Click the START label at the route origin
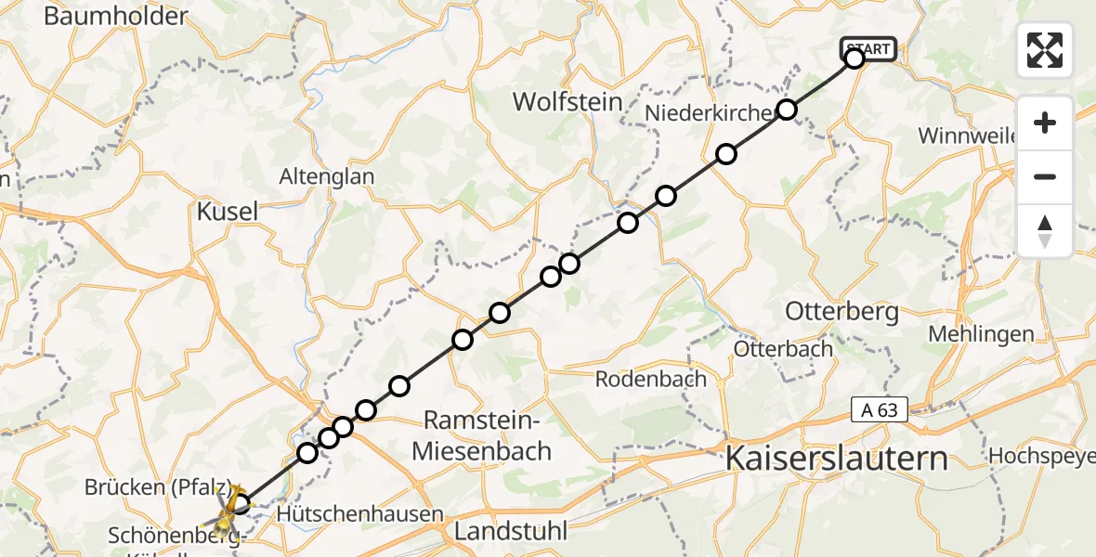(x=868, y=48)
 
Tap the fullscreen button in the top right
(x=1045, y=50)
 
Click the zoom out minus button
(x=1045, y=176)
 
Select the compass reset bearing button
(x=1045, y=230)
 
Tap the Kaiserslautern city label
(x=836, y=458)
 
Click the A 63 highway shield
(x=879, y=409)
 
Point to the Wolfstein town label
(x=567, y=101)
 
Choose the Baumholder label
(x=115, y=16)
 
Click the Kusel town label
(x=228, y=212)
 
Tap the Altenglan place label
(x=328, y=176)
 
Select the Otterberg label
(x=842, y=311)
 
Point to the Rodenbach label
(x=650, y=379)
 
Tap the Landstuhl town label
(x=511, y=532)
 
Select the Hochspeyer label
(x=1040, y=456)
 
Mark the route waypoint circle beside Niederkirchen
(x=787, y=110)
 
